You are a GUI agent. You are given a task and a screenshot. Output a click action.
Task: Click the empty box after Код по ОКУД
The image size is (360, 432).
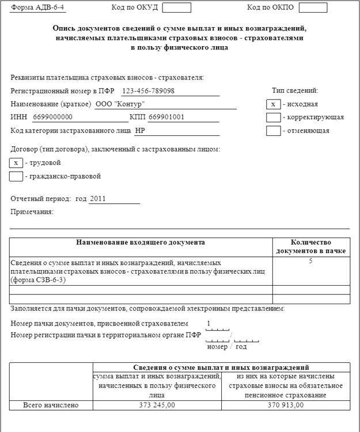pyautogui.click(x=177, y=7)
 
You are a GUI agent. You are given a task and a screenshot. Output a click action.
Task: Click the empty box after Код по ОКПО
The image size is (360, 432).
pyautogui.click(x=313, y=7)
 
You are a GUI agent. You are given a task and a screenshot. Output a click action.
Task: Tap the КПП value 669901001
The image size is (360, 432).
pyautogui.click(x=166, y=117)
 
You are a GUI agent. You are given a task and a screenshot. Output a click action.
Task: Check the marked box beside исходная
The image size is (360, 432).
pyautogui.click(x=273, y=104)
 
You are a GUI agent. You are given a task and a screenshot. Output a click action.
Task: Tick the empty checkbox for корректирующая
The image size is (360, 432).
pyautogui.click(x=273, y=117)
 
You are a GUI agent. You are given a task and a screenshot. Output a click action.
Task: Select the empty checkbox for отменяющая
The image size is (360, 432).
pyautogui.click(x=273, y=130)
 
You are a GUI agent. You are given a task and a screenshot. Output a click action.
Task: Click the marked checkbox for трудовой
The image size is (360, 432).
pyautogui.click(x=16, y=162)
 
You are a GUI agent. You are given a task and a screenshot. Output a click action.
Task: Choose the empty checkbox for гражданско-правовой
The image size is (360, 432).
pyautogui.click(x=16, y=176)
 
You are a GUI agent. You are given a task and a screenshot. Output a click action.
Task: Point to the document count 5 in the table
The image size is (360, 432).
pyautogui.click(x=310, y=262)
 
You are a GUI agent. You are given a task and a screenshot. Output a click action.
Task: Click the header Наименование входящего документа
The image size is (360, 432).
pyautogui.click(x=141, y=242)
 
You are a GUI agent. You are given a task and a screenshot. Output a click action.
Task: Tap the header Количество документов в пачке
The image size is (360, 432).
pyautogui.click(x=310, y=247)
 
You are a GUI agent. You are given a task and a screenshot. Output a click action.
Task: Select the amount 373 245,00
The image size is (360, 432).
pyautogui.click(x=157, y=405)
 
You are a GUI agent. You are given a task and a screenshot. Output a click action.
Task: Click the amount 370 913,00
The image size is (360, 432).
pyautogui.click(x=286, y=405)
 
